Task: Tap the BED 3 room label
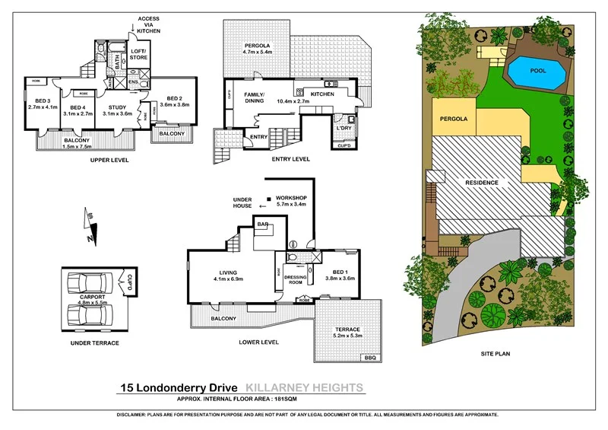37,103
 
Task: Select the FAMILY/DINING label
253,97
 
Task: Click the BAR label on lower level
264,225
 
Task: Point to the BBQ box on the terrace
370,357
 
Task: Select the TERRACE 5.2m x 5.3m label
347,333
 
